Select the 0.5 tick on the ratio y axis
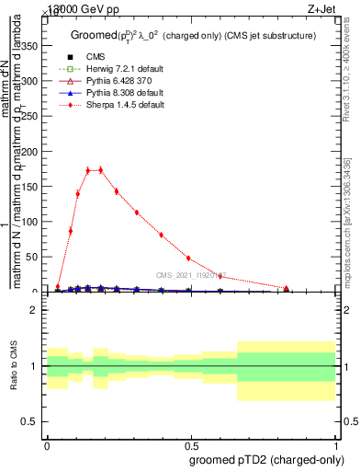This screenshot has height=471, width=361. pos(33,421)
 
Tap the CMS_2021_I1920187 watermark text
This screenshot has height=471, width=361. pos(190,274)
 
